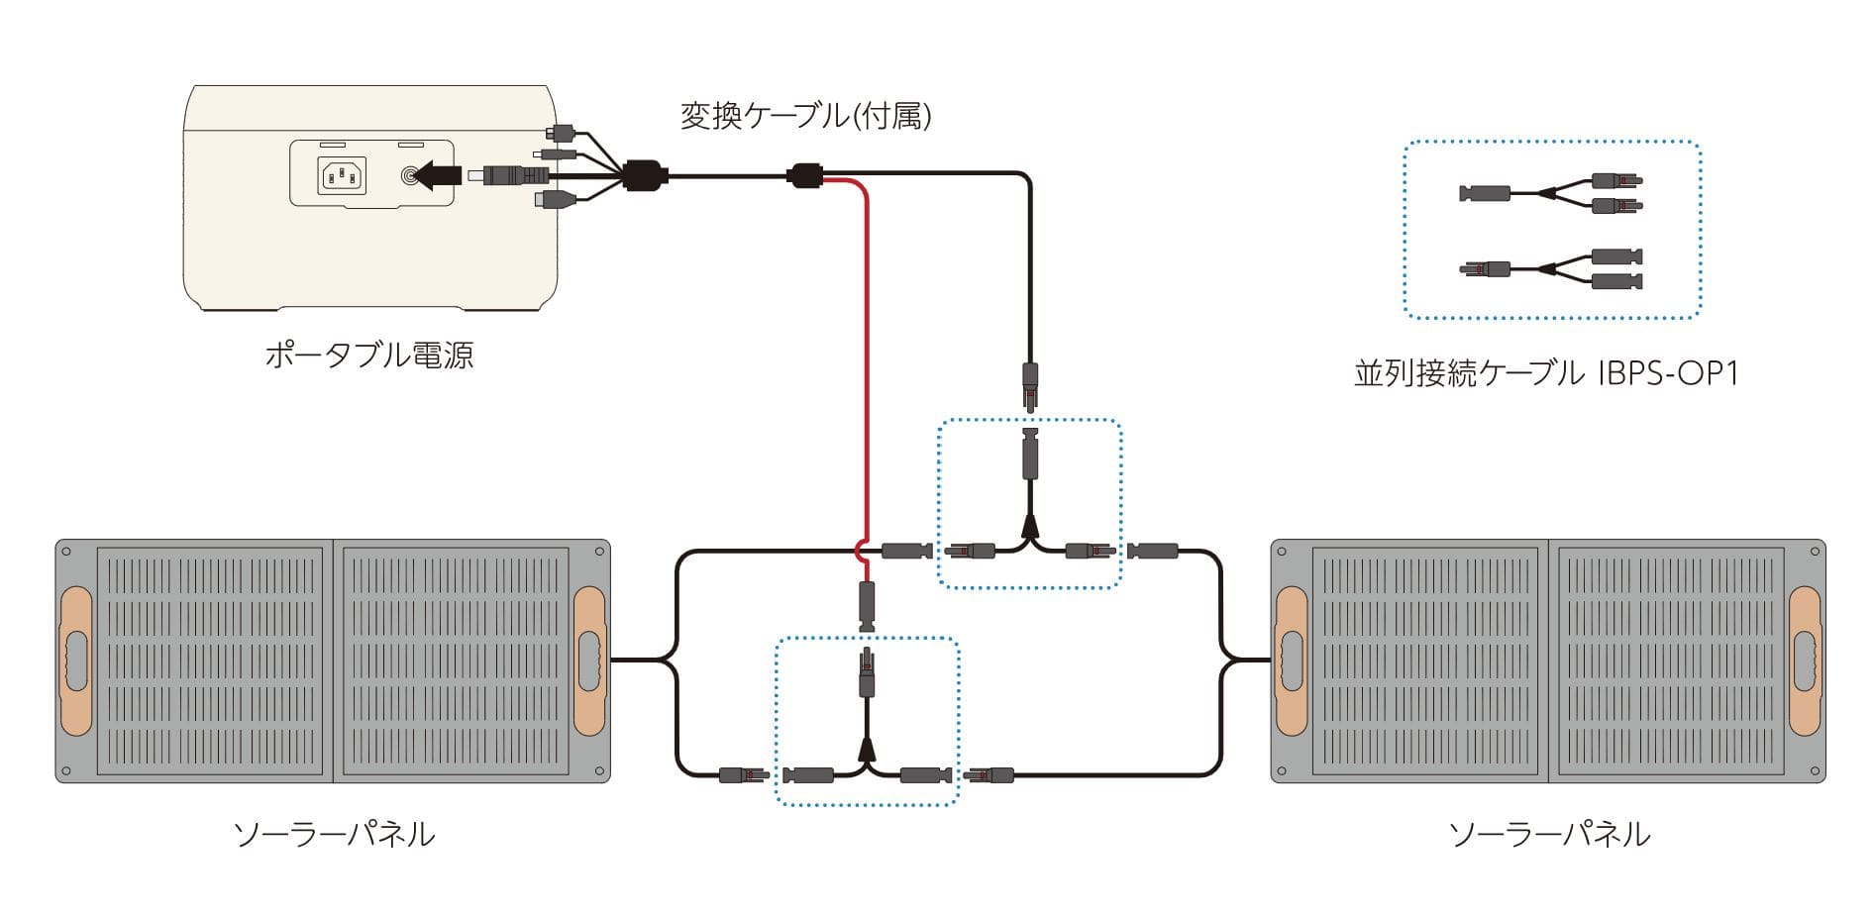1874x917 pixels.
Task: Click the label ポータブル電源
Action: pyautogui.click(x=368, y=355)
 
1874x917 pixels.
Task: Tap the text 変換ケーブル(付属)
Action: pyautogui.click(x=805, y=116)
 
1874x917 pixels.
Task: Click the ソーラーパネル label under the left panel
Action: pyautogui.click(x=334, y=834)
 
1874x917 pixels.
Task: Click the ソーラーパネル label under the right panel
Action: pyautogui.click(x=1549, y=834)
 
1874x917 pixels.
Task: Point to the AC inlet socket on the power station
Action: pyautogui.click(x=342, y=176)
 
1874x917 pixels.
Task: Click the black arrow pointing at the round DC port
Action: pyautogui.click(x=436, y=176)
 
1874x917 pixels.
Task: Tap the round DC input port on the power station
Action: pyautogui.click(x=408, y=176)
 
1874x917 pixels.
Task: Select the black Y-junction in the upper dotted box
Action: pyautogui.click(x=1029, y=529)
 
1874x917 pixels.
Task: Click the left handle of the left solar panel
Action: pyautogui.click(x=76, y=660)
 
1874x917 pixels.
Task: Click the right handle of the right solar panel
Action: pyautogui.click(x=1805, y=660)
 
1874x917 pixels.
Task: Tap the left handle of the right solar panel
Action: pyautogui.click(x=1292, y=660)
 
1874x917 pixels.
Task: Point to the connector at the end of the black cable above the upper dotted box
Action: pyautogui.click(x=1030, y=384)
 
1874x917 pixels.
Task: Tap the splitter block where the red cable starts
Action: pyautogui.click(x=804, y=176)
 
